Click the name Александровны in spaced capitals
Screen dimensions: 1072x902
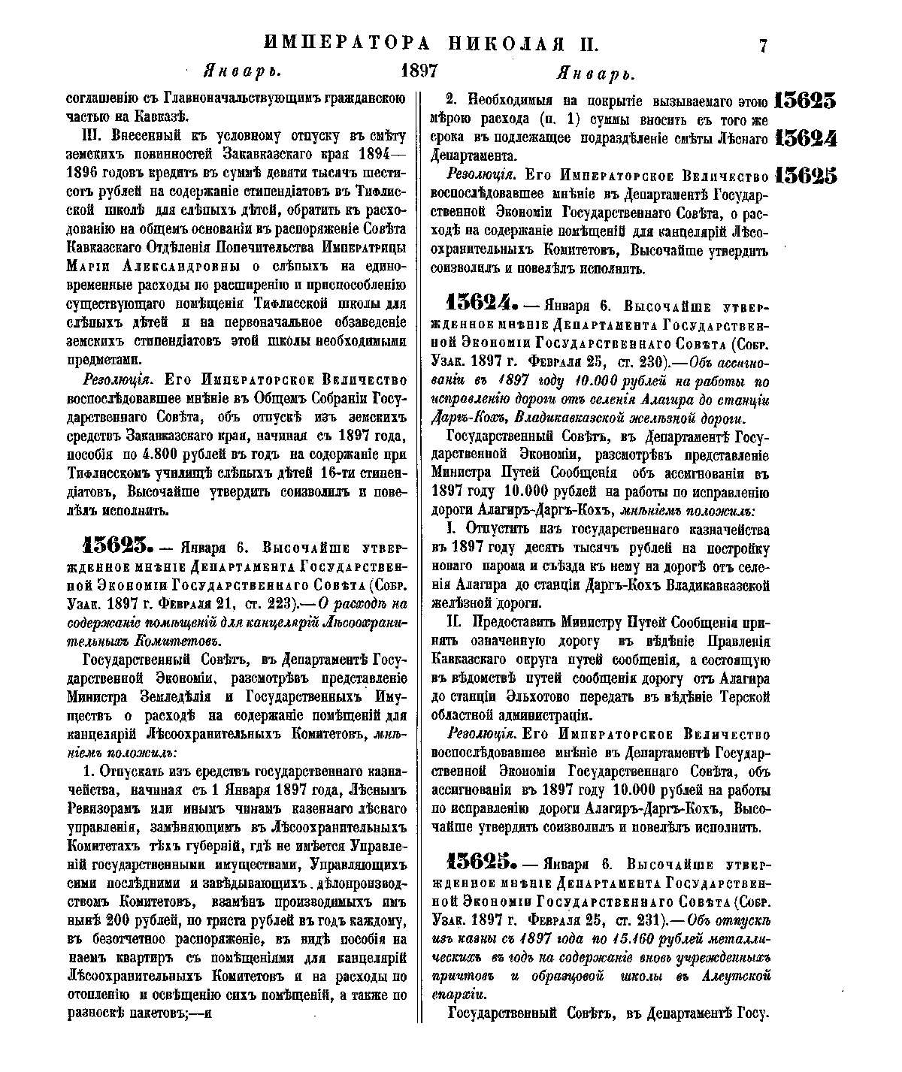176,267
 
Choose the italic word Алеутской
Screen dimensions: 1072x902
734,976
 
